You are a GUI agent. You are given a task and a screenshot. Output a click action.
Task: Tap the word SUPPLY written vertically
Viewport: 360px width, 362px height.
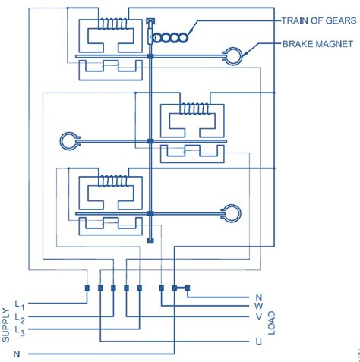[7, 324]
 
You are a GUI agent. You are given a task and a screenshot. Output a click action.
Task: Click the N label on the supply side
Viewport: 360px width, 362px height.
[15, 354]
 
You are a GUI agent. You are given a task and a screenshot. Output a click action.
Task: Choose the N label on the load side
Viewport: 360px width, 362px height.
[258, 297]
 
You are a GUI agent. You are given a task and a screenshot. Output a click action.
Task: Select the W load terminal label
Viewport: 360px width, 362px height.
[258, 307]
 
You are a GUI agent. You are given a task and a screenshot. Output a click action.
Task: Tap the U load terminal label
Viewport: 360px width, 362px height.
[258, 342]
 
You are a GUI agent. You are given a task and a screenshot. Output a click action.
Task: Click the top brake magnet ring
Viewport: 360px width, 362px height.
[231, 55]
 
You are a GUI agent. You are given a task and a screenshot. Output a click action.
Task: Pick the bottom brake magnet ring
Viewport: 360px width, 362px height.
[232, 213]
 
